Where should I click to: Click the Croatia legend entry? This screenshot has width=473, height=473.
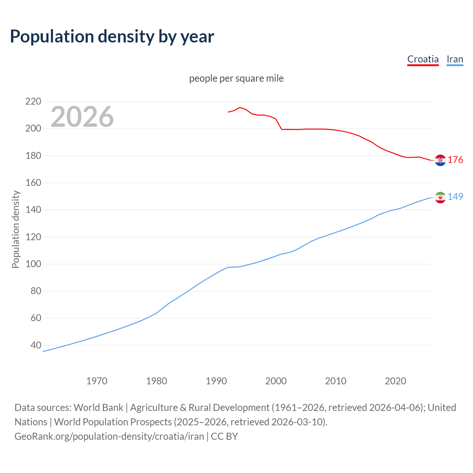pos(423,59)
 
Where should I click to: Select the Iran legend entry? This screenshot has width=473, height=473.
pos(455,59)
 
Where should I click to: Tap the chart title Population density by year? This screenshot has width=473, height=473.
pos(112,36)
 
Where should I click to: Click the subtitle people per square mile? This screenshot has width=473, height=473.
pos(236,78)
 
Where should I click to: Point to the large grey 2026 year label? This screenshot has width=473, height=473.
pos(82,117)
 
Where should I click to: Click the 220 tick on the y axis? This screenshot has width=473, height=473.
pos(33,101)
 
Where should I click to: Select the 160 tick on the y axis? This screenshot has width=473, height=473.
pos(33,183)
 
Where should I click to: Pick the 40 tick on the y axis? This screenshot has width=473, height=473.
pos(36,345)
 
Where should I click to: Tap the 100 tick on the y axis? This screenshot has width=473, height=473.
pos(33,264)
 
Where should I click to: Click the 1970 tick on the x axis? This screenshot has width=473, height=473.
pos(97,381)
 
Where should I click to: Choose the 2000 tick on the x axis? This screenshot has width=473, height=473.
pos(276,381)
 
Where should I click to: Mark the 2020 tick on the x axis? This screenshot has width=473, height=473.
pos(395,381)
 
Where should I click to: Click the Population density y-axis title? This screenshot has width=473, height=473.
pos(16,229)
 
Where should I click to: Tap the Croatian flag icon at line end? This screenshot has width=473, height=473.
pos(440,160)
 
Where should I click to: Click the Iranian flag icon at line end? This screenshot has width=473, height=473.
pos(440,197)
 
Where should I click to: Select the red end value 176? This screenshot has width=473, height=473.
pos(455,160)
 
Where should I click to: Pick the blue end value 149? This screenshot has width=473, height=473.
pos(455,197)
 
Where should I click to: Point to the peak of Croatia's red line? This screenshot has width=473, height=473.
pos(240,108)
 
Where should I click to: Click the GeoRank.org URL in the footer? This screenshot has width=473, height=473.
pos(109,436)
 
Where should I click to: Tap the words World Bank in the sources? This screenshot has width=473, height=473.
pos(98,408)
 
